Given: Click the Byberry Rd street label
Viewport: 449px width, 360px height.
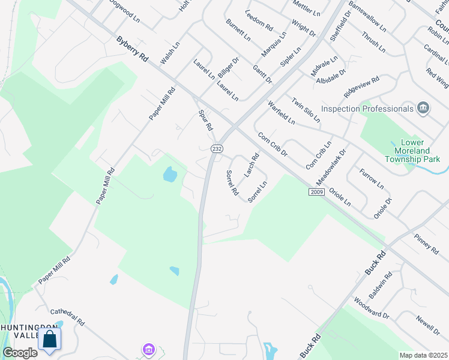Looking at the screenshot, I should pos(133,50).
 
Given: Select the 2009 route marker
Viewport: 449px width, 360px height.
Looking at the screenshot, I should pos(317,192).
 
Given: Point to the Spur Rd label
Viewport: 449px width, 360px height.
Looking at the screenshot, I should pos(206,120).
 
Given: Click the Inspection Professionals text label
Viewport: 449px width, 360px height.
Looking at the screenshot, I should pos(367,109).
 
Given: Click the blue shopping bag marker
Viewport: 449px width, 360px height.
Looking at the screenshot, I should pos(50,339).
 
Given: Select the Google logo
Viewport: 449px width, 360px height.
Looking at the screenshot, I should pos(20,352).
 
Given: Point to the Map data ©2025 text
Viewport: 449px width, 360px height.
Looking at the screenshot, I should pos(423,355).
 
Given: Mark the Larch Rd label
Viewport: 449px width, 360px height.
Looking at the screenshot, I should pos(252,165).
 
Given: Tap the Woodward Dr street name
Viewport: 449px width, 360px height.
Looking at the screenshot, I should pos(372,308).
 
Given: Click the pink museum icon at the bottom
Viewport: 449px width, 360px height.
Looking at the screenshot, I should pos(148,349).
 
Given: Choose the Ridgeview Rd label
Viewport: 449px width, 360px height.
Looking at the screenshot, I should pos(361,88).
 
